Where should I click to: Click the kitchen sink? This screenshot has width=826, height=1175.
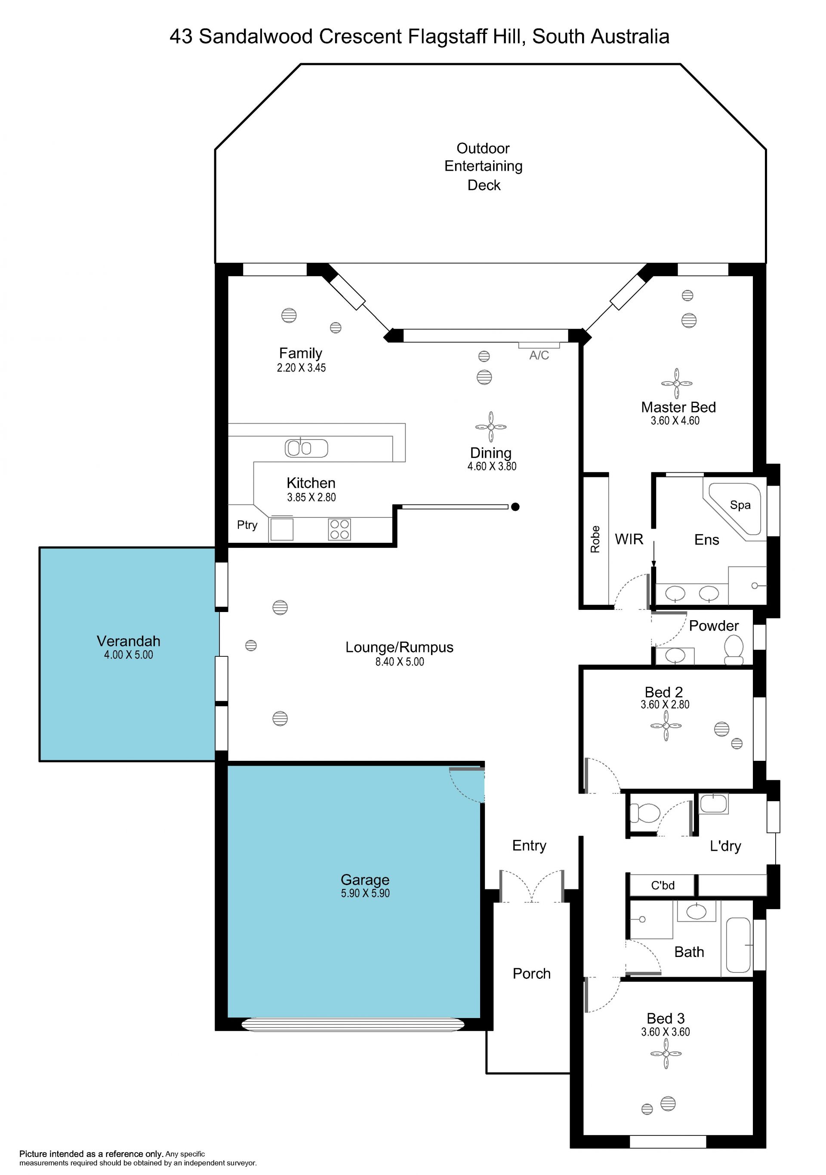point(306,448)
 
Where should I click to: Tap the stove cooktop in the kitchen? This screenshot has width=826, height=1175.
point(339,529)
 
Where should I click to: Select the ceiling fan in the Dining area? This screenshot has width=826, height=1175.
point(491,426)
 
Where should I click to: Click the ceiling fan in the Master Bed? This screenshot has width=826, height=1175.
point(677,383)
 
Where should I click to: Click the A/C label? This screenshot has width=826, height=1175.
point(539,355)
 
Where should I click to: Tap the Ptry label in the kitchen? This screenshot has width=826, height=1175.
point(247,525)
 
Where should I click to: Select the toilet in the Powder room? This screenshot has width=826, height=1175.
point(734,650)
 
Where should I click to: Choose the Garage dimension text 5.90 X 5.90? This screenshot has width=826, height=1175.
point(365,893)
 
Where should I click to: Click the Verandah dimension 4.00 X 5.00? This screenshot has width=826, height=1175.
point(129,655)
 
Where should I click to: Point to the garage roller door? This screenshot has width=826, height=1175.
point(353,1024)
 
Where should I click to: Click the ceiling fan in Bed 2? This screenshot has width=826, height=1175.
point(666,726)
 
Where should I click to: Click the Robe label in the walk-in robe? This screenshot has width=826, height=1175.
point(595,539)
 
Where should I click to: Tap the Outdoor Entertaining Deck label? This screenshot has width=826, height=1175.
point(484,166)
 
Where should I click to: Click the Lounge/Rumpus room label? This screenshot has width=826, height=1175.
point(399,647)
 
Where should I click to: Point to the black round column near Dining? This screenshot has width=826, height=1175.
point(515,507)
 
